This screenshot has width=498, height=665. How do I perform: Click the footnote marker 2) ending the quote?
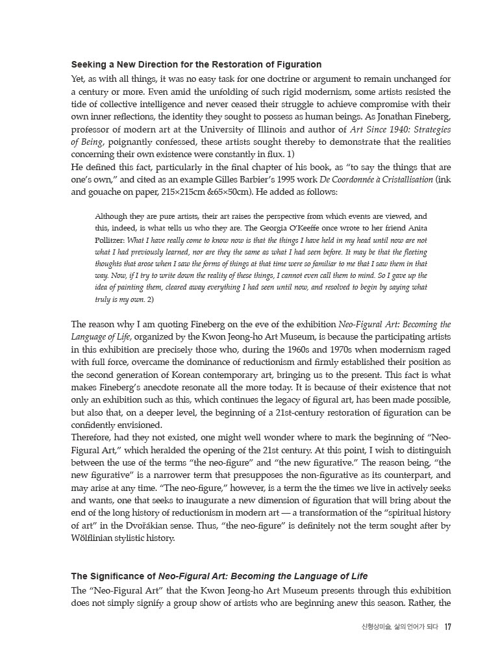150,299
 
